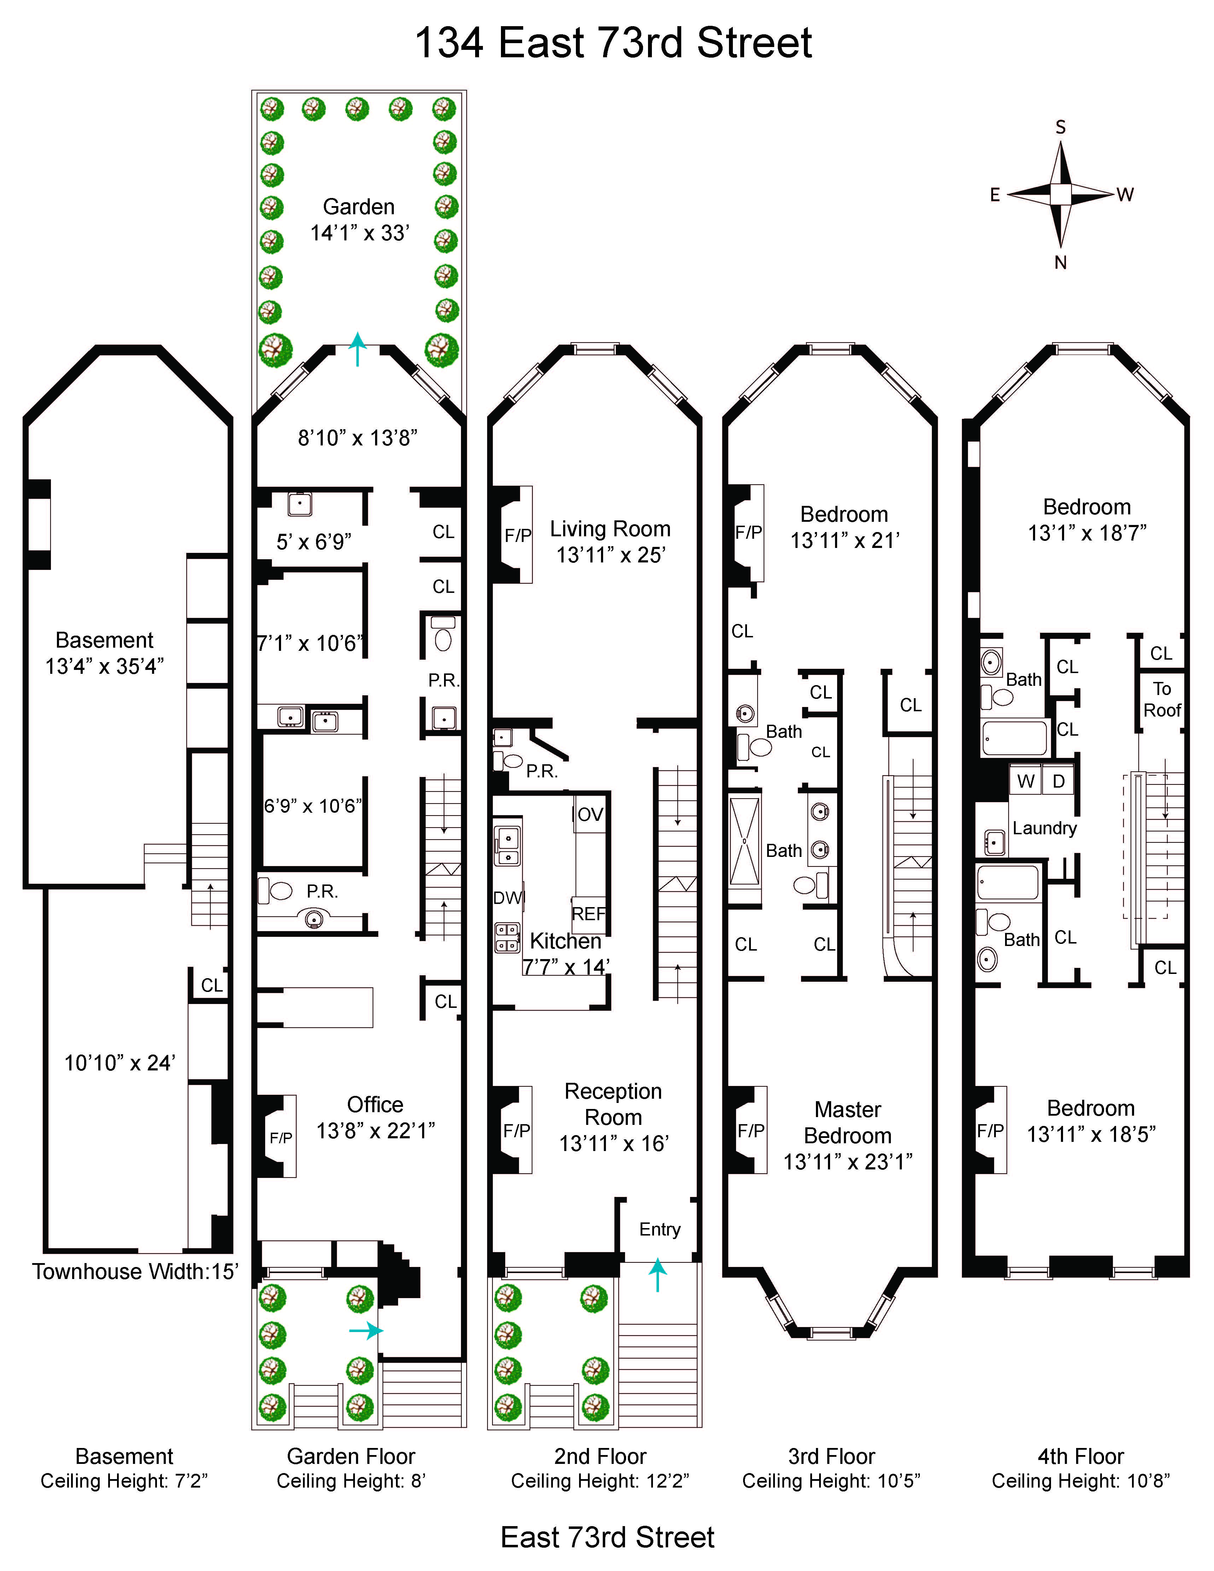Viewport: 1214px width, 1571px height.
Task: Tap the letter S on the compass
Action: click(x=1060, y=127)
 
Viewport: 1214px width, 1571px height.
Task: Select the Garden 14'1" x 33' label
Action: click(x=359, y=220)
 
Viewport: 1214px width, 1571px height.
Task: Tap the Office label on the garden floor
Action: click(x=375, y=1104)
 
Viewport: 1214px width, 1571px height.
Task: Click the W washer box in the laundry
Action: click(x=1026, y=781)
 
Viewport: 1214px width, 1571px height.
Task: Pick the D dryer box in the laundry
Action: click(x=1059, y=781)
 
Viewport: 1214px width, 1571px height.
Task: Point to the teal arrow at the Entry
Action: click(x=657, y=1275)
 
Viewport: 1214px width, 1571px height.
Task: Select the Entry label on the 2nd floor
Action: click(x=660, y=1229)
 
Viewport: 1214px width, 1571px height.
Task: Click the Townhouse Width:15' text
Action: click(x=134, y=1272)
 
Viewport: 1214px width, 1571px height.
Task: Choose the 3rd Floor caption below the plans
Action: click(x=831, y=1456)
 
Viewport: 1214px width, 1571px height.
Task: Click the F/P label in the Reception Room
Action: click(x=516, y=1131)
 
